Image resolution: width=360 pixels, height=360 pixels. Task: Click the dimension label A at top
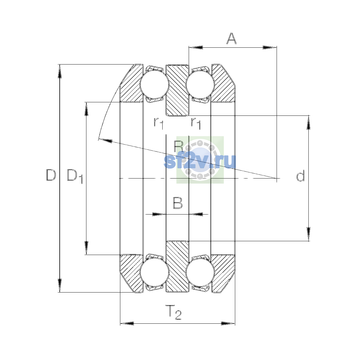[x=232, y=39]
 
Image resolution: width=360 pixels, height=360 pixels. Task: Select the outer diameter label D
[x=51, y=175]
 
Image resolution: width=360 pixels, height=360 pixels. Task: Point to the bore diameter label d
[x=300, y=175]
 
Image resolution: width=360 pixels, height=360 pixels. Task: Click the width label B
[x=178, y=203]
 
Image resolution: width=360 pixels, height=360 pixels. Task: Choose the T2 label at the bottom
[x=173, y=312]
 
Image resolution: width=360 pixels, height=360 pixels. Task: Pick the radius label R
[x=179, y=146]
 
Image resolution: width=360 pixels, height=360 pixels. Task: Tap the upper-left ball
[x=154, y=84]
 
